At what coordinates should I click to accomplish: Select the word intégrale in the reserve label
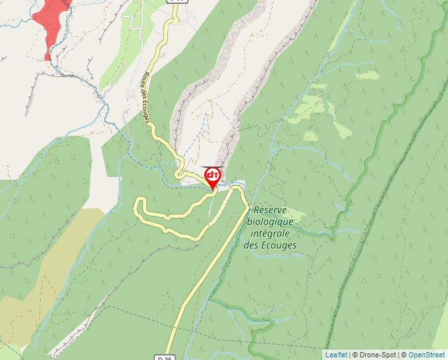coord(270,234)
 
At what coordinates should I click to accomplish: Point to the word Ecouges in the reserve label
coord(279,245)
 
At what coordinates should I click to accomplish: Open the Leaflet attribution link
coord(336,355)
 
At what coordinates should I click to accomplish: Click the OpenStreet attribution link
coord(426,355)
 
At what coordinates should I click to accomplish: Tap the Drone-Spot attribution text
coord(377,355)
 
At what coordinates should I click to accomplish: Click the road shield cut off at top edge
coord(177,2)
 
